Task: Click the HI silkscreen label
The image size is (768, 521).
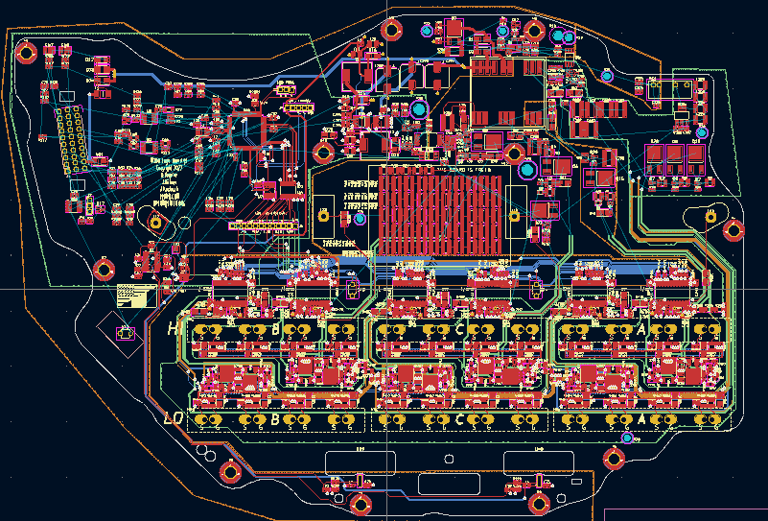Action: (175, 329)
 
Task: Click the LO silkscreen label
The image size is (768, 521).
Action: (174, 419)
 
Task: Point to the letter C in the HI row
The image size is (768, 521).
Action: (459, 329)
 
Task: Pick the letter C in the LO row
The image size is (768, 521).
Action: (459, 419)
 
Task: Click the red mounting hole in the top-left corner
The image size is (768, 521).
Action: (26, 52)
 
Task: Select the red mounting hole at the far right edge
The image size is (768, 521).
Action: (734, 229)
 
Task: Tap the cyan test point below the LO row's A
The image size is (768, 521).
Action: (627, 438)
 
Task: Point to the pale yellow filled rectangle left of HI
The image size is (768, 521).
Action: (135, 296)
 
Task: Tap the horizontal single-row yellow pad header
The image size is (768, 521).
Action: (262, 226)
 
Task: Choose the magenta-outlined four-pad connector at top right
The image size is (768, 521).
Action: (669, 89)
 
